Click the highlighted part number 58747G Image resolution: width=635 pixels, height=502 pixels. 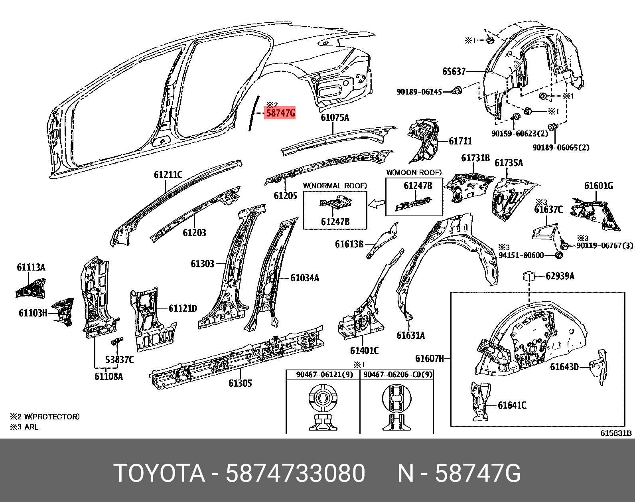click(280, 113)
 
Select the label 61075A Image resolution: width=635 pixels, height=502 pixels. click(335, 117)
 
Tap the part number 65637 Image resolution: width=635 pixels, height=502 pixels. click(454, 71)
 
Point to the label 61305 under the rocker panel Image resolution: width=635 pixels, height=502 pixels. click(240, 383)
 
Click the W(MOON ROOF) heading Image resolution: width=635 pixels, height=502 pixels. click(414, 172)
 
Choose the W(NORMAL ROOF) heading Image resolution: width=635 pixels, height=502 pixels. click(335, 186)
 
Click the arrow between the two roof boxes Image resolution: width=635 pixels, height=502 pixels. click(376, 204)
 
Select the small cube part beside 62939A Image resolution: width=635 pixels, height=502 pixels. click(529, 276)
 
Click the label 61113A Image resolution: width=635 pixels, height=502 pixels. click(31, 267)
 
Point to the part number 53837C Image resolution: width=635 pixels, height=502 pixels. click(119, 360)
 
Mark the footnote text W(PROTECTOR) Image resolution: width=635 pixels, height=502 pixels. click(52, 417)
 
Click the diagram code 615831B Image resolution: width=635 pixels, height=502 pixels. click(616, 433)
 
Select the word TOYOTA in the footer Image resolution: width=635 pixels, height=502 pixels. click(159, 474)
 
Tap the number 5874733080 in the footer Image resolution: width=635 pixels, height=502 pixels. click(295, 474)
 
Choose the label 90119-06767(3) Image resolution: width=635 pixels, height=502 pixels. click(604, 245)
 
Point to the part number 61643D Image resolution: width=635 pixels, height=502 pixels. click(564, 367)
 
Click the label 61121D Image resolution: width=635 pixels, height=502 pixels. click(183, 308)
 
